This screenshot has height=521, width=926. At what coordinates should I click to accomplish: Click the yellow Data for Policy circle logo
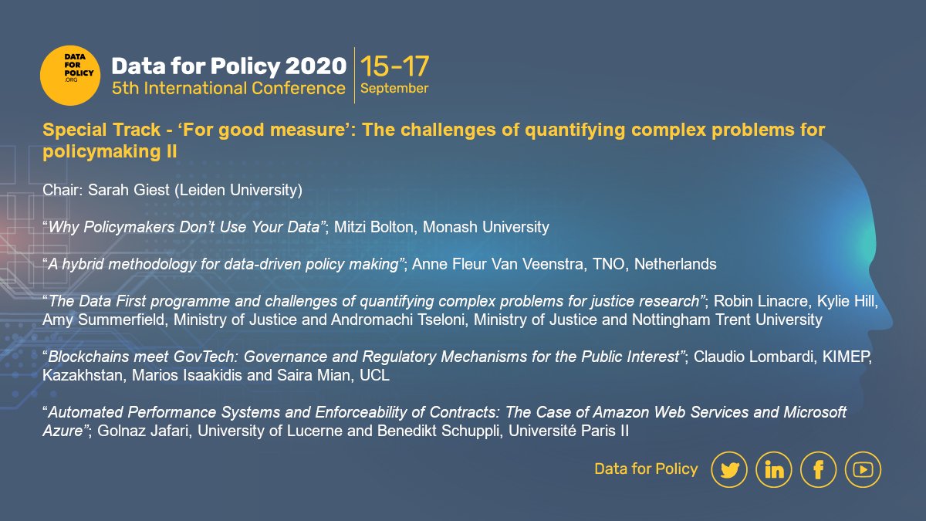tap(71, 75)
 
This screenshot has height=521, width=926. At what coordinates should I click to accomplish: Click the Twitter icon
tap(728, 469)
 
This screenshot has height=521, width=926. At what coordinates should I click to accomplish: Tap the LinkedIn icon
tap(773, 469)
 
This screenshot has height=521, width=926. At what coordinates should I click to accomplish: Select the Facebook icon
tap(818, 469)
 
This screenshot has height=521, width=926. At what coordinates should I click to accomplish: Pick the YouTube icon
tap(863, 469)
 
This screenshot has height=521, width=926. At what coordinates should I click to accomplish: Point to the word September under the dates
tap(394, 88)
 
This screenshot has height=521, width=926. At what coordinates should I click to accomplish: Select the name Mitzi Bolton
tap(373, 227)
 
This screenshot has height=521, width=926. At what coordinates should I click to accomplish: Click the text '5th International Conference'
tap(228, 88)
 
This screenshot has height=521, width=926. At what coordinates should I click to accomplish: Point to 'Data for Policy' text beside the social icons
tap(646, 469)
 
